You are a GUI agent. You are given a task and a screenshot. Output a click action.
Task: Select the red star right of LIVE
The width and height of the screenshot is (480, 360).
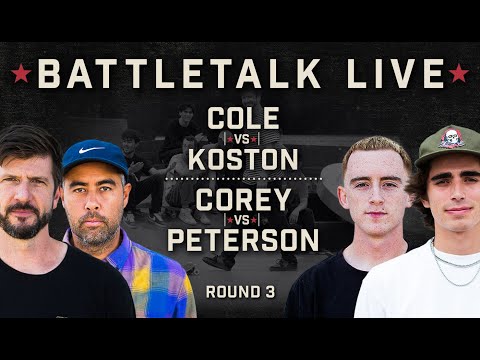coord(459,75)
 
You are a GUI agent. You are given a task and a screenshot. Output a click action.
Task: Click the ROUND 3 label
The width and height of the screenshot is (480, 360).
coord(240,292)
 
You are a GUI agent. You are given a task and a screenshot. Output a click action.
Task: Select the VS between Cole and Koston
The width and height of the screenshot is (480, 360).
coord(241,138)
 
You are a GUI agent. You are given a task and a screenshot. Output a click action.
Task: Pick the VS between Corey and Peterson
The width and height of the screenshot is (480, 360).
coord(241,217)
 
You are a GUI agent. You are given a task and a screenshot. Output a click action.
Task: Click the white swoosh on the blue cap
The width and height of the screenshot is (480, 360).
coord(88,151)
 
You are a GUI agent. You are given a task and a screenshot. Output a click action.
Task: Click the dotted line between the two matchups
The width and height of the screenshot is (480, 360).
coord(241,177)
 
